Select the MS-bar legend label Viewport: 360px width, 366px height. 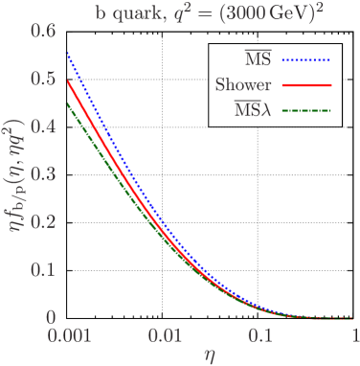click(x=256, y=59)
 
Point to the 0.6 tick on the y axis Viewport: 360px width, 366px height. click(x=41, y=31)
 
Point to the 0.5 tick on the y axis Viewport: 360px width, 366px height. click(x=41, y=79)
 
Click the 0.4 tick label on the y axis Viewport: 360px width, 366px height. click(x=41, y=126)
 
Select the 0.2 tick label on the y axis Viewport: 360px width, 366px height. click(x=41, y=221)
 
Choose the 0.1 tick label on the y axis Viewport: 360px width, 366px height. click(x=41, y=269)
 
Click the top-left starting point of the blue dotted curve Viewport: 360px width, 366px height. click(x=66, y=53)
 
